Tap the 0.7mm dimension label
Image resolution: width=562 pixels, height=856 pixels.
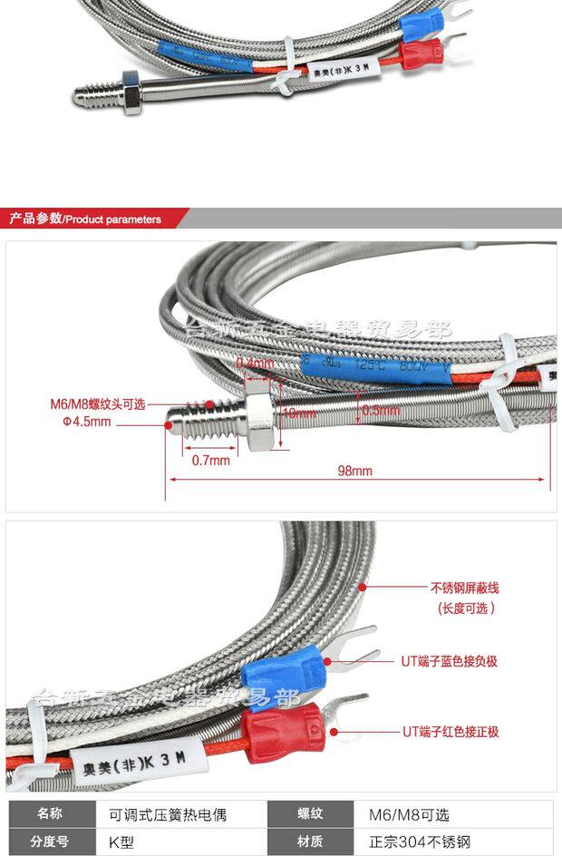[x=211, y=460]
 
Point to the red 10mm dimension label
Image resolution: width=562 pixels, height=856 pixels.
[x=292, y=412]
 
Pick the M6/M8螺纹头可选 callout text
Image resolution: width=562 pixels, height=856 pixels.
[x=97, y=405]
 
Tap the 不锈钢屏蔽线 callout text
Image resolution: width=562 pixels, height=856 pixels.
[x=464, y=587]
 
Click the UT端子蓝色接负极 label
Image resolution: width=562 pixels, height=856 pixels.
[x=450, y=661]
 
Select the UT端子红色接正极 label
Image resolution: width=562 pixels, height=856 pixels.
[x=451, y=732]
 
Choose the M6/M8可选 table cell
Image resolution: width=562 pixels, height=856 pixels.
[x=407, y=814]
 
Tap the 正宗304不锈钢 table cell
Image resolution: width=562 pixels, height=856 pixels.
[x=420, y=842]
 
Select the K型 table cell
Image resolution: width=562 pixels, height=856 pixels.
[x=121, y=842]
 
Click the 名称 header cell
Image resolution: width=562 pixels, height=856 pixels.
[x=51, y=814]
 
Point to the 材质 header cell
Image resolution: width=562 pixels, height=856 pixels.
[x=311, y=842]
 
